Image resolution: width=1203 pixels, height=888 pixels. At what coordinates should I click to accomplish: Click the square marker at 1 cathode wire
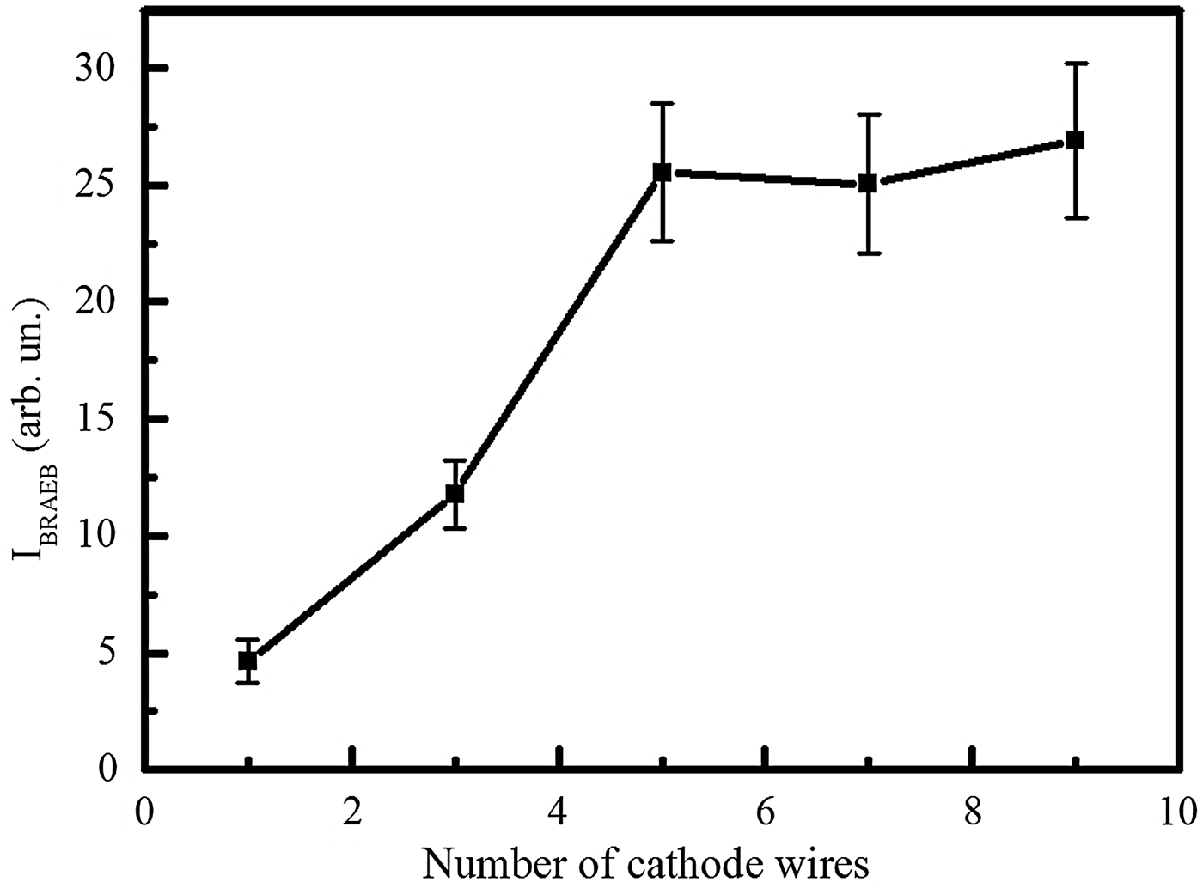(247, 660)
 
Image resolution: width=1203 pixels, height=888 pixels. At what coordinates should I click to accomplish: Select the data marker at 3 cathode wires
(455, 494)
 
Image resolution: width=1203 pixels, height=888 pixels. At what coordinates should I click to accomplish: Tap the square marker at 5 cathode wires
(662, 173)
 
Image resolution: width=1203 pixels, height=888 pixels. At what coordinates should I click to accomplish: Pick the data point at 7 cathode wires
(868, 183)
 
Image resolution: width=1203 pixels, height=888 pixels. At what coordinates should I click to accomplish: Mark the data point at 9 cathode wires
(1074, 140)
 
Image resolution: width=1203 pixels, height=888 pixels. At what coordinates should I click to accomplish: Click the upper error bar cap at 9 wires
(1074, 64)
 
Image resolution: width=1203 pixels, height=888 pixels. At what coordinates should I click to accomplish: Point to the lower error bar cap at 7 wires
(868, 253)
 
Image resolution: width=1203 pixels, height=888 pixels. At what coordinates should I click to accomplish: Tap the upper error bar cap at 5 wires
(662, 103)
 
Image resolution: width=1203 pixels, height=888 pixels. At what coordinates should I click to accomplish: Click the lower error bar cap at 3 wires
(455, 528)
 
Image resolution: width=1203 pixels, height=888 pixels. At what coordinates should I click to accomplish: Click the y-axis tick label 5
(107, 654)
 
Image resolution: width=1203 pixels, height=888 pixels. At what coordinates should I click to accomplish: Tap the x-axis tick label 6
(764, 812)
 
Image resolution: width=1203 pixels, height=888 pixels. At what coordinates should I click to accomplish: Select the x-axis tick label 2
(352, 812)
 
